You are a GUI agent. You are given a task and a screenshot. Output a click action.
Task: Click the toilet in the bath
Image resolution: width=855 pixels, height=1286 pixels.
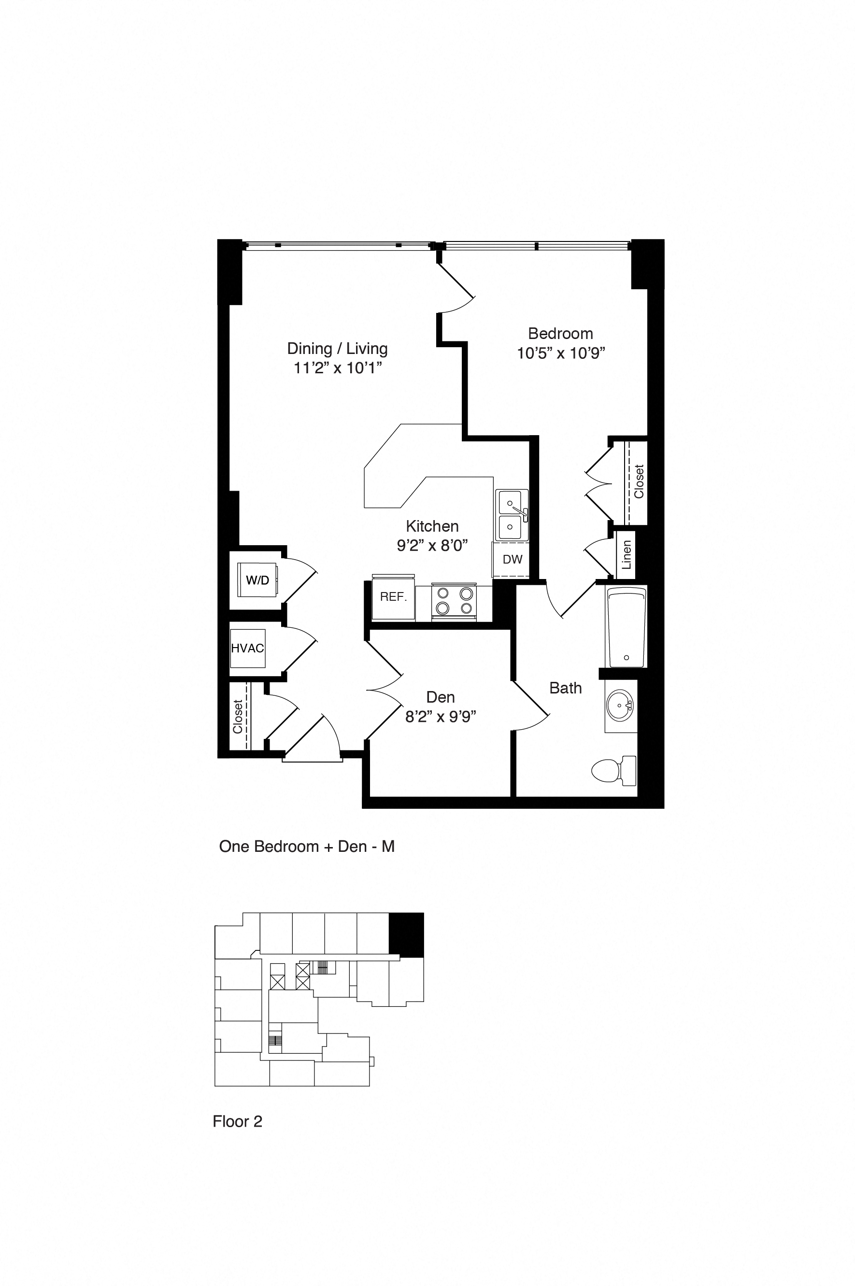(x=613, y=770)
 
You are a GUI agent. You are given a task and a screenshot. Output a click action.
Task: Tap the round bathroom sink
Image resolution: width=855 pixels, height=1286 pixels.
(x=620, y=705)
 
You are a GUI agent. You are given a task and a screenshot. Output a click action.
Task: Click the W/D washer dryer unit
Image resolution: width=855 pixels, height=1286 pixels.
(x=257, y=580)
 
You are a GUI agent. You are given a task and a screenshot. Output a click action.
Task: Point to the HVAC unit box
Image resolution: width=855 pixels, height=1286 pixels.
(x=247, y=648)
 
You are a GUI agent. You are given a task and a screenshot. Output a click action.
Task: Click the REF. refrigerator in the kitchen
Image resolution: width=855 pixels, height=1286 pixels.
(x=393, y=597)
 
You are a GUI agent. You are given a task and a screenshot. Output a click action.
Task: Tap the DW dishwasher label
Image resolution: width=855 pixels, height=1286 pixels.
(x=512, y=559)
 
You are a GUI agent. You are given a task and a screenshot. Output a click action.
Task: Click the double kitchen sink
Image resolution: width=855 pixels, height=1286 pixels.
(x=511, y=514)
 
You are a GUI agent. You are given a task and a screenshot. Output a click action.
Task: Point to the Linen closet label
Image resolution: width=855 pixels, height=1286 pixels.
(x=627, y=554)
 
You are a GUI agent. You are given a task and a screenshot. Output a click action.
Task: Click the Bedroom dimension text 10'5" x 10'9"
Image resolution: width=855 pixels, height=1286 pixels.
(x=560, y=353)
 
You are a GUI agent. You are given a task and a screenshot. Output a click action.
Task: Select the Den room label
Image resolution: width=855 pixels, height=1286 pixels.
(x=441, y=697)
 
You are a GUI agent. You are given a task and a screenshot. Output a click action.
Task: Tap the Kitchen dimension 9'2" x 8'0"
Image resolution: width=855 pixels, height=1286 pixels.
(x=432, y=545)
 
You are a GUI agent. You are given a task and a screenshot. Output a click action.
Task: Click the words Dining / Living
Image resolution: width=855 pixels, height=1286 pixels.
(x=337, y=348)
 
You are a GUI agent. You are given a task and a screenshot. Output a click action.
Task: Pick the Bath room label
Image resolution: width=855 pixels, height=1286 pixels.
(x=566, y=688)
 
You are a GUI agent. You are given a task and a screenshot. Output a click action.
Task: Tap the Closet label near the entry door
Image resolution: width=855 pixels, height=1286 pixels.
(x=238, y=716)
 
